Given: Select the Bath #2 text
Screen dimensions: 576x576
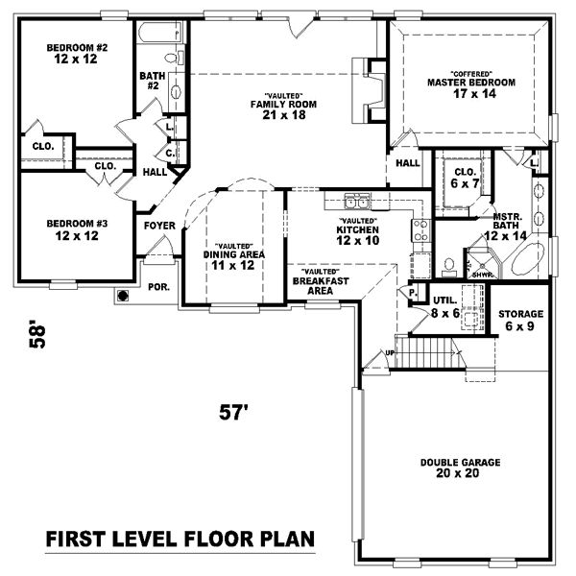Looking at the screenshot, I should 151,81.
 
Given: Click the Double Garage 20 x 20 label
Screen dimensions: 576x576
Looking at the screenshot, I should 460,468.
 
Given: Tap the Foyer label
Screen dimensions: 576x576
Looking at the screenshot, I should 159,226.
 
